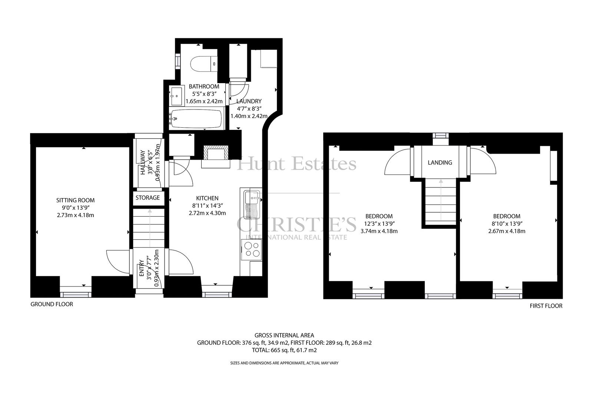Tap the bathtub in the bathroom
tap(196, 119)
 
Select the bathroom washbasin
tap(176, 96)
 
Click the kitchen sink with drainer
tap(252, 204)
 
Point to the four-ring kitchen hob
tap(252, 249)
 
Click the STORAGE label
tap(148, 197)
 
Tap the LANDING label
tap(440, 163)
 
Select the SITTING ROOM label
tap(75, 200)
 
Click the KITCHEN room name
tap(207, 198)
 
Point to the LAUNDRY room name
tap(249, 101)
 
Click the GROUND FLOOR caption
tap(52, 304)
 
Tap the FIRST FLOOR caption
tap(546, 305)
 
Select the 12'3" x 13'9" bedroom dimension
tap(379, 223)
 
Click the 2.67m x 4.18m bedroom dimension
tap(506, 231)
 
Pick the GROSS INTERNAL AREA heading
tap(284, 335)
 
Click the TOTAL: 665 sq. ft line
tap(284, 350)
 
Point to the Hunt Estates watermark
tap(296, 164)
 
